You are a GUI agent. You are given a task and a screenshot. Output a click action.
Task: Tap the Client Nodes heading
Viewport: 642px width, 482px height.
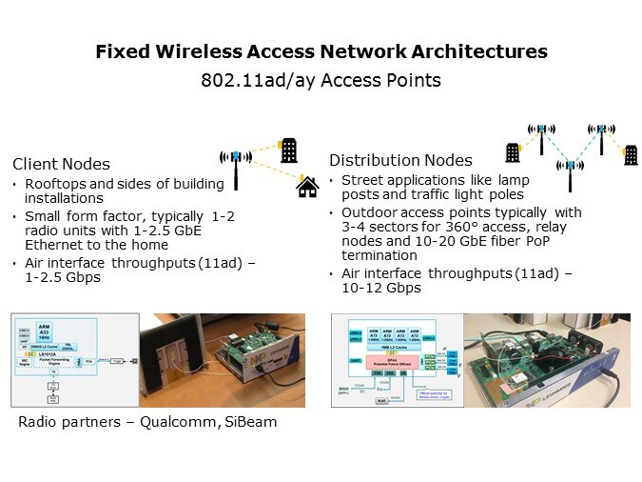coord(61,164)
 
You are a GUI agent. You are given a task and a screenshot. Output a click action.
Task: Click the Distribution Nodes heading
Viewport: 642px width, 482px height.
coord(400,159)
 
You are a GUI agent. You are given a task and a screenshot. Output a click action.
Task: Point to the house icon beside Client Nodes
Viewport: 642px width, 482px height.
coord(307,187)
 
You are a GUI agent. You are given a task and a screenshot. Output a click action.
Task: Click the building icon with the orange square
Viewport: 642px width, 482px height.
coord(288,149)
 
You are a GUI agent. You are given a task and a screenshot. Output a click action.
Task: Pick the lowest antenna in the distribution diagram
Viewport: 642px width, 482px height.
coord(570,172)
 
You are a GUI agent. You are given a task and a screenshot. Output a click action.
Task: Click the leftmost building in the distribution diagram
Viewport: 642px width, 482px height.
coord(513,152)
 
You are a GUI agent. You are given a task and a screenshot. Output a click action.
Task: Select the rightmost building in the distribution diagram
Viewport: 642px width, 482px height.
coord(630,155)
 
